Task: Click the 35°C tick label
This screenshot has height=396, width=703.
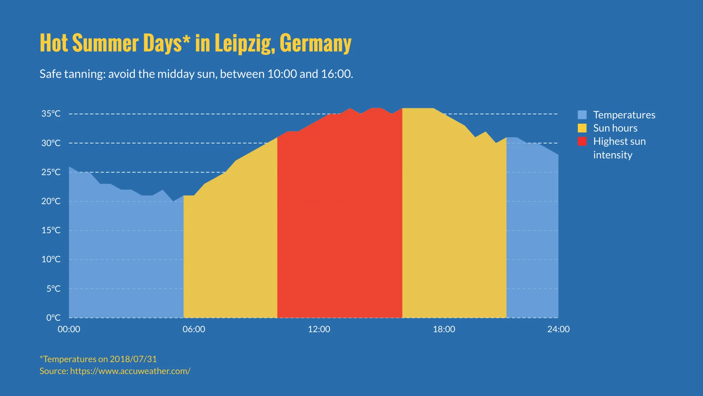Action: tap(51, 114)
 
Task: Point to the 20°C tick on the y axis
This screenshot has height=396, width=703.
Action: tap(51, 201)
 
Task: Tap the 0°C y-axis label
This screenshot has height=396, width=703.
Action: tap(53, 318)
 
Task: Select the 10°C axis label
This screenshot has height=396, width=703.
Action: tap(51, 259)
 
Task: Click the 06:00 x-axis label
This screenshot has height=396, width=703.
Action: tap(194, 329)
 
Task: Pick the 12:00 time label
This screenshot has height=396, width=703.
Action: tap(319, 329)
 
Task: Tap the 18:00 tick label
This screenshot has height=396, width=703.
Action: tap(444, 329)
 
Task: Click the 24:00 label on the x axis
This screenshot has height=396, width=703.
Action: tap(558, 329)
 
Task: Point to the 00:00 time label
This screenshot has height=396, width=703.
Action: tap(69, 329)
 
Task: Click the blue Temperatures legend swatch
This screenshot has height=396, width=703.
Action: tap(582, 115)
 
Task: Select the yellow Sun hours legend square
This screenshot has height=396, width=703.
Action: tap(582, 128)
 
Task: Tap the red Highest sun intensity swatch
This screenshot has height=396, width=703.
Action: tap(582, 141)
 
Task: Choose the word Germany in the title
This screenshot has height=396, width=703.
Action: tap(315, 43)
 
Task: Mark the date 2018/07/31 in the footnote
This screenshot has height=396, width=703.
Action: tap(133, 359)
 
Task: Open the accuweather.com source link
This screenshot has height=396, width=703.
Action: tap(130, 371)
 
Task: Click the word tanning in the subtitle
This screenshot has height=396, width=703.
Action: tap(85, 74)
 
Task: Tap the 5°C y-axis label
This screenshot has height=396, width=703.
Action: tap(53, 289)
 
